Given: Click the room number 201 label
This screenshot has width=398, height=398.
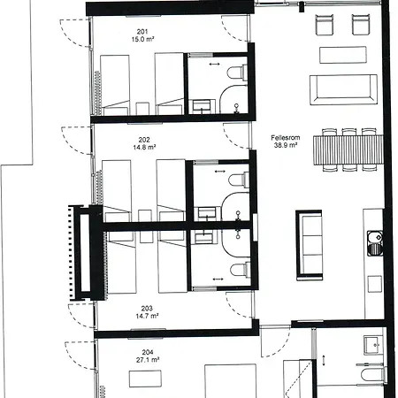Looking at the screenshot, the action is [x=142, y=32].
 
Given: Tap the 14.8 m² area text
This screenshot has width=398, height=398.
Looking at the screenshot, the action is [x=144, y=147].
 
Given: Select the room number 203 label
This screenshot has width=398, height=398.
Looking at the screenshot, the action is [x=147, y=309].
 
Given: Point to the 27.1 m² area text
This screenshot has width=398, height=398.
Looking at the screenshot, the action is [x=148, y=360].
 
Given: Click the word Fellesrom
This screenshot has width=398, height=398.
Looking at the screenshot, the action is [x=286, y=137].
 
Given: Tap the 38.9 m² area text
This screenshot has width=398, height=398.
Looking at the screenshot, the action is [x=286, y=145].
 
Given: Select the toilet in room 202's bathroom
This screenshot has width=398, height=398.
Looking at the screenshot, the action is [x=239, y=180].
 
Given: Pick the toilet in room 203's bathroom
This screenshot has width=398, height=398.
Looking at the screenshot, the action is [x=240, y=270].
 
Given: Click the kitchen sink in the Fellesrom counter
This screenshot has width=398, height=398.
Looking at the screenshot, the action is [x=375, y=243].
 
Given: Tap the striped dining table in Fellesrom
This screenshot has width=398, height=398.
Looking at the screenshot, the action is [x=348, y=150].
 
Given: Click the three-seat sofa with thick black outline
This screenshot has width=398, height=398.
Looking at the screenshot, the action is [x=309, y=245].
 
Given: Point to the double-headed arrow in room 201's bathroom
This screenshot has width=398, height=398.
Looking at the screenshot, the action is [x=214, y=64].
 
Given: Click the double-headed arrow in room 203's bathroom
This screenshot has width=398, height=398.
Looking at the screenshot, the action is [x=218, y=279].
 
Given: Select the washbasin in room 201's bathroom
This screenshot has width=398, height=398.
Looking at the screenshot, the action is [x=202, y=105].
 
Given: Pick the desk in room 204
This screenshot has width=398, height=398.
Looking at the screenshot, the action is [x=145, y=379].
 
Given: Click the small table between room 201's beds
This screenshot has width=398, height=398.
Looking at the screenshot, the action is [x=142, y=109].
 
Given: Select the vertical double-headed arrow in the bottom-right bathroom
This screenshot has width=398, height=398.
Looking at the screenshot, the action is [x=324, y=360].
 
